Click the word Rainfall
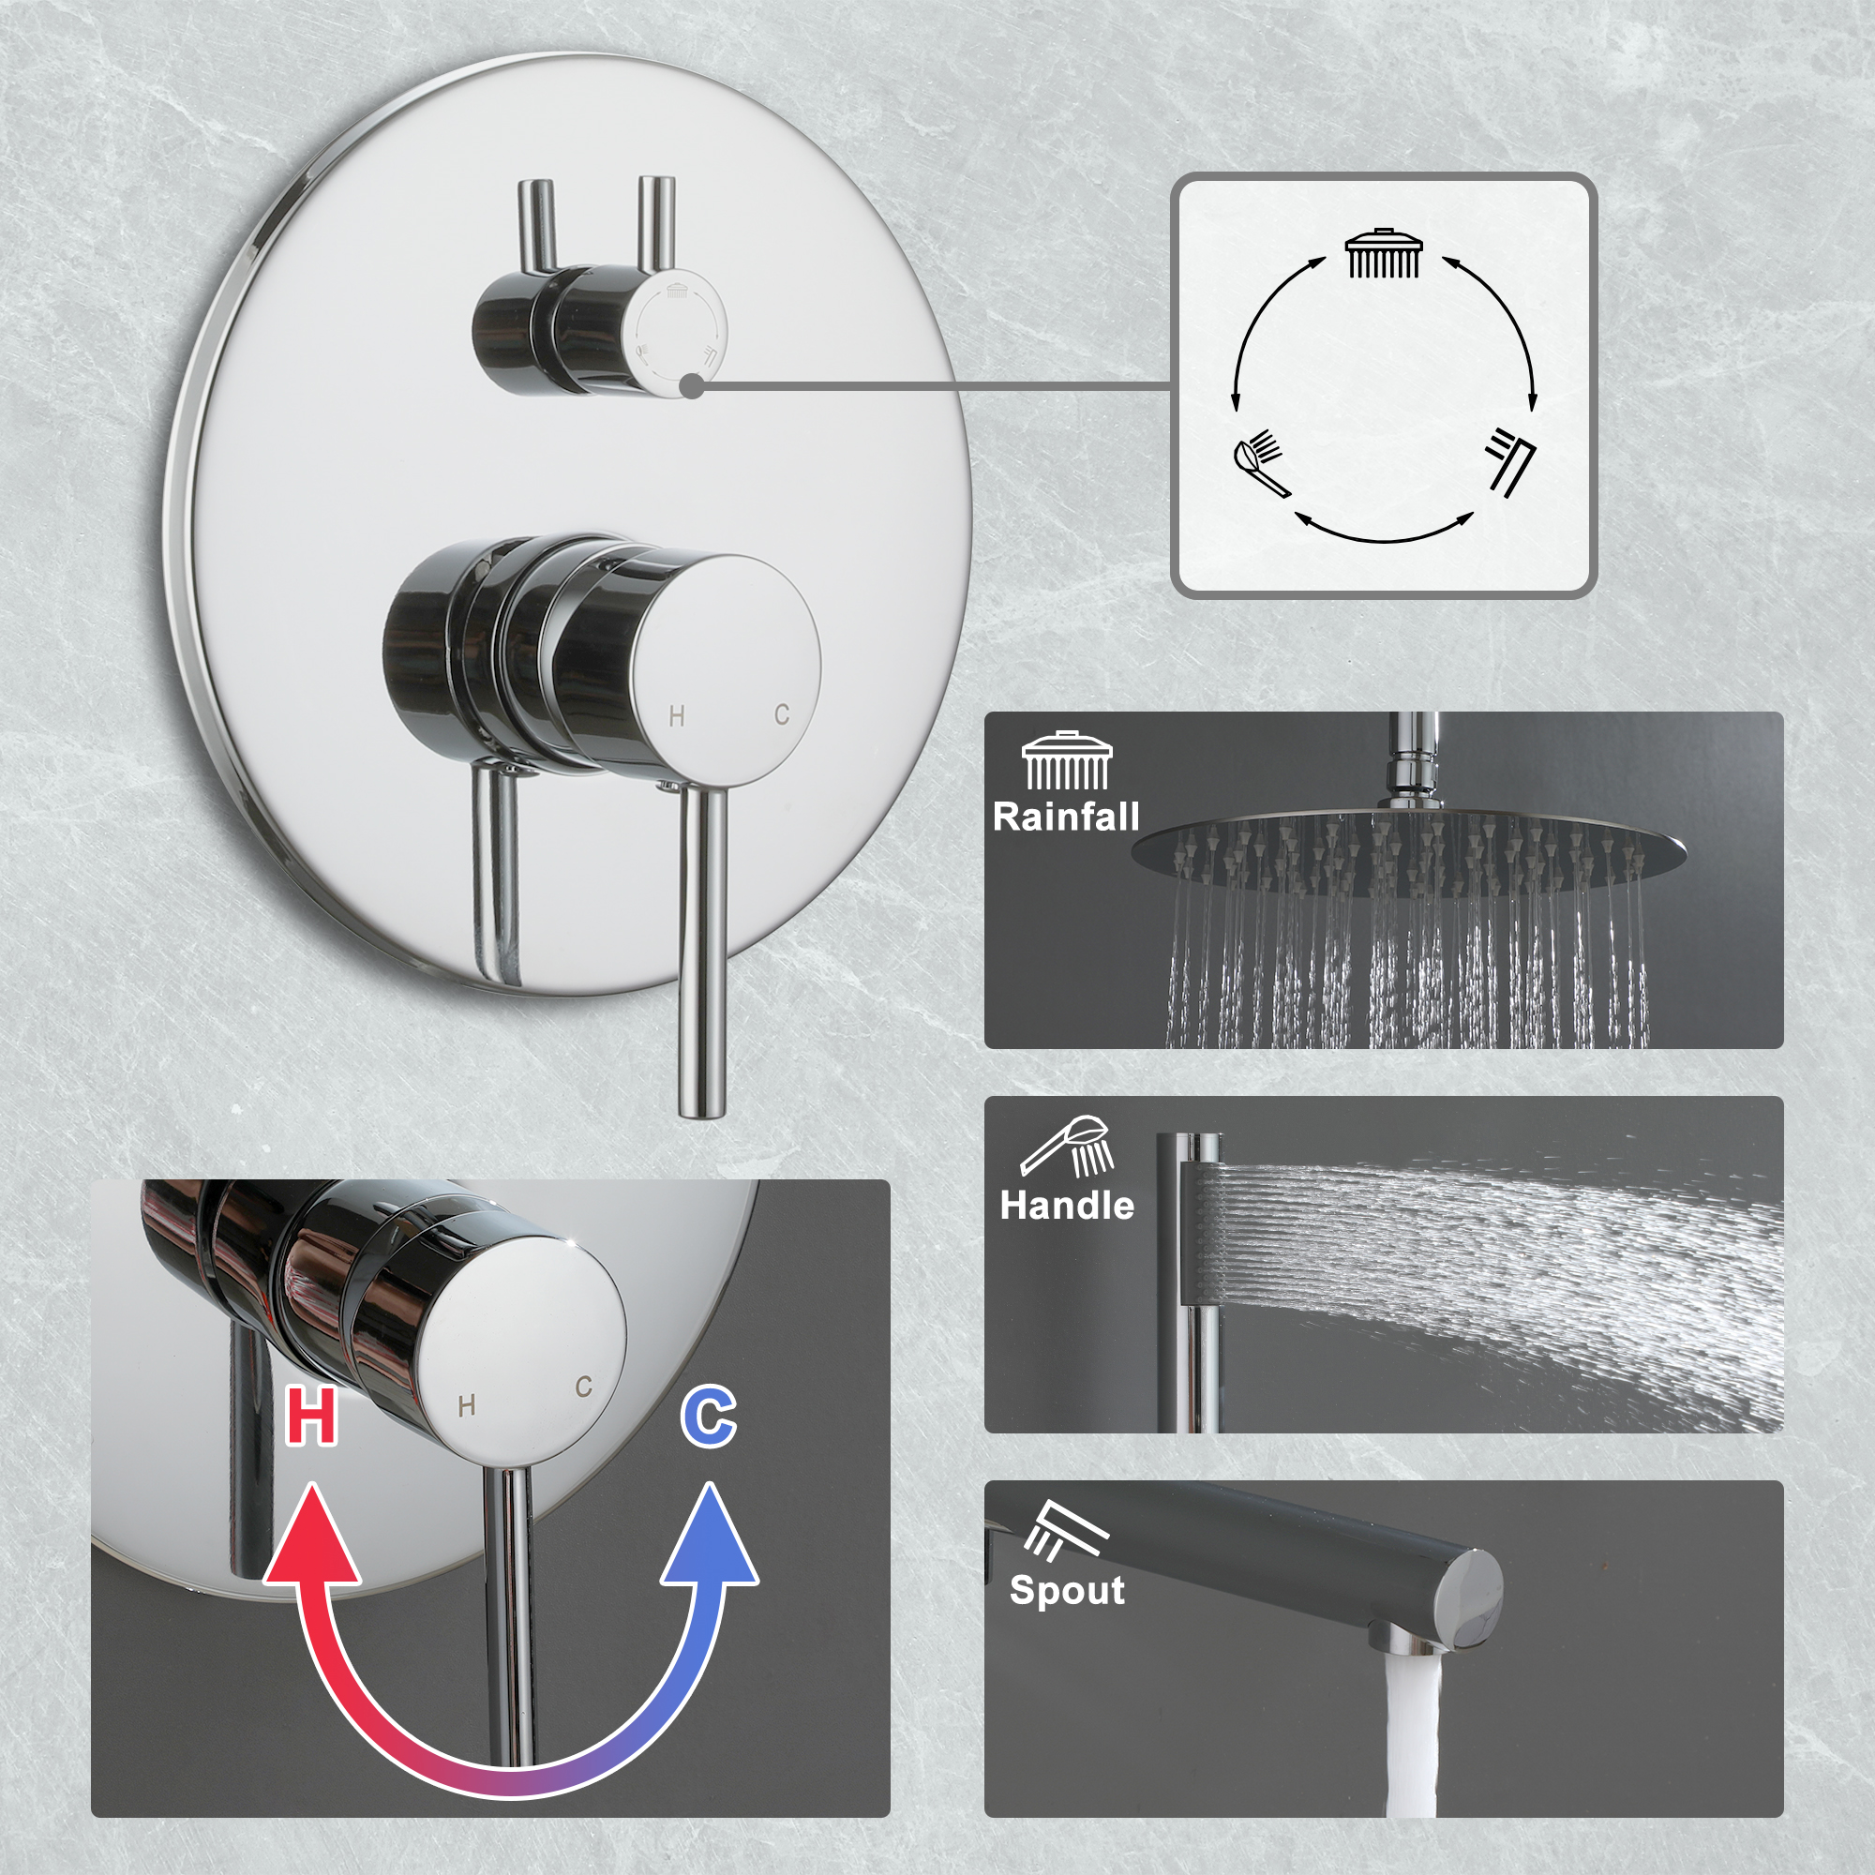[x=1066, y=817]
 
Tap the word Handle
[x=1067, y=1206]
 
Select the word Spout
[x=1067, y=1590]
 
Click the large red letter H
[x=311, y=1417]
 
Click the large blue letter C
[x=709, y=1417]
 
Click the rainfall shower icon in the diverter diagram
[x=1384, y=254]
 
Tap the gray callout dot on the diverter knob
[x=691, y=386]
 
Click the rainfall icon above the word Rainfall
[x=1067, y=762]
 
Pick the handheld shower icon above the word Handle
[x=1067, y=1146]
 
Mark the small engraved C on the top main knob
[x=782, y=715]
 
